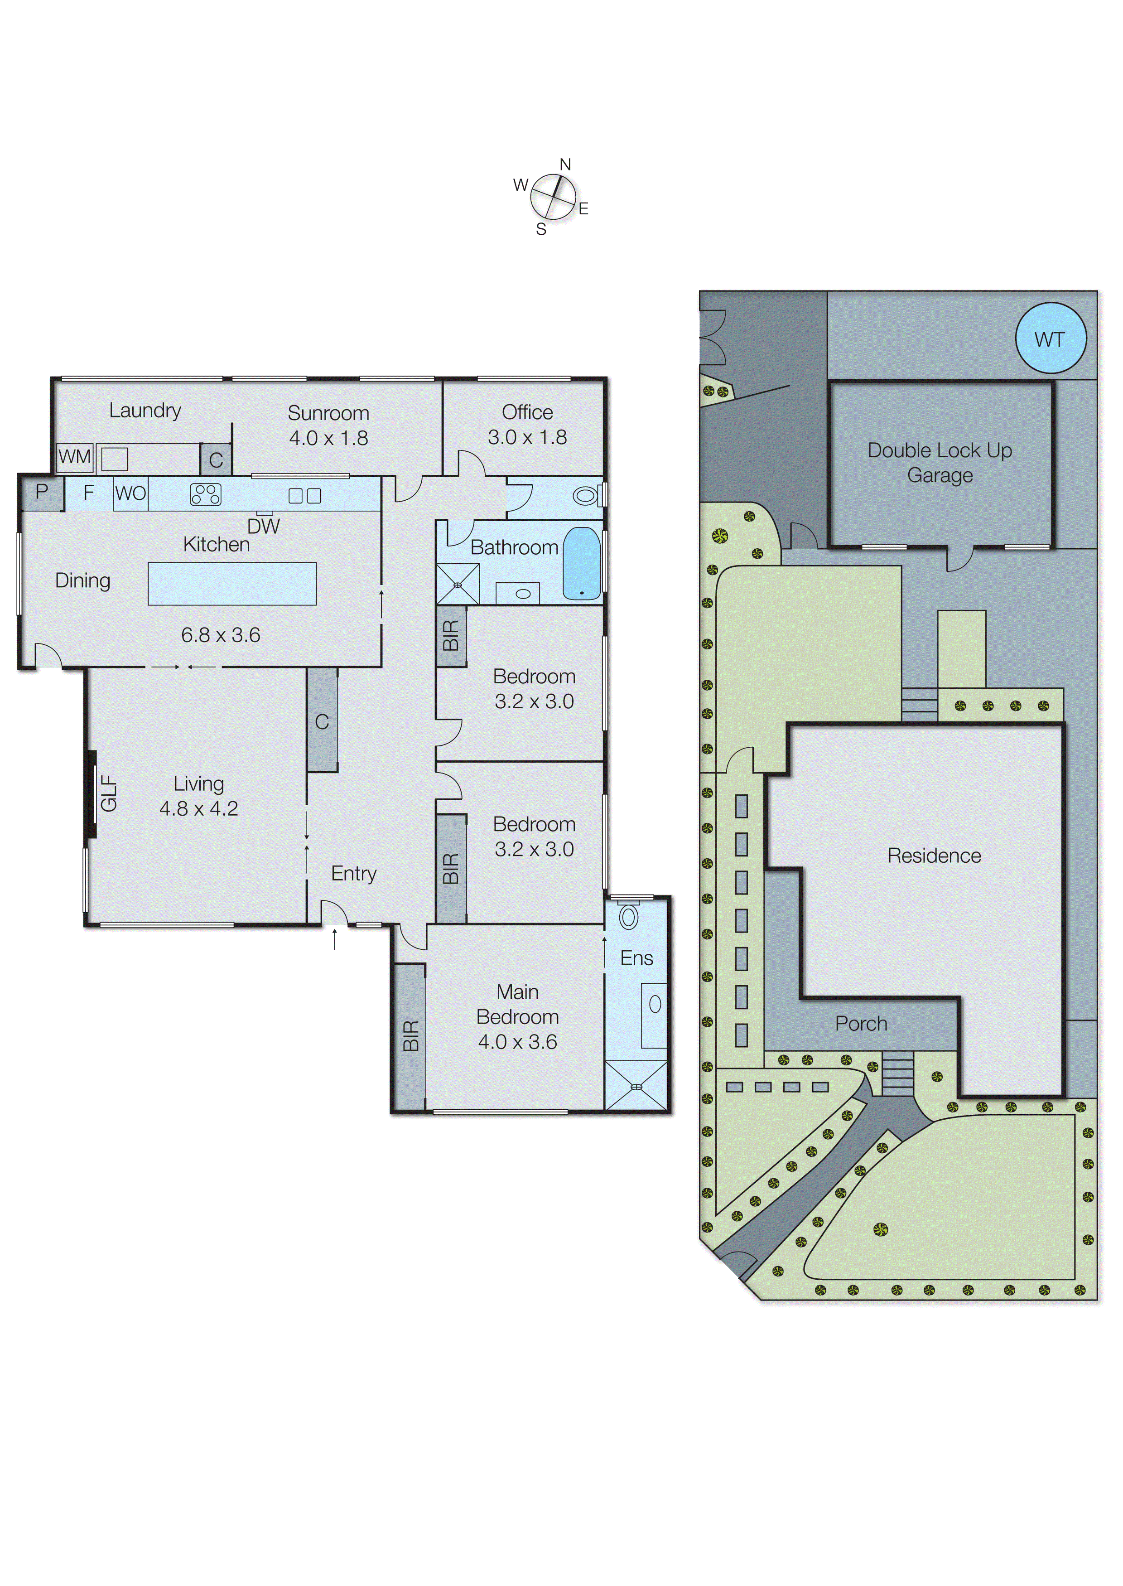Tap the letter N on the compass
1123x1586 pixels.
(565, 164)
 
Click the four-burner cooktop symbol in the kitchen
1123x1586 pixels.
(205, 494)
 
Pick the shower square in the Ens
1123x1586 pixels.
(636, 1086)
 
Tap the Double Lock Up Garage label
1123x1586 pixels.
(939, 462)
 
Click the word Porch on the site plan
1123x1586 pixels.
(860, 1024)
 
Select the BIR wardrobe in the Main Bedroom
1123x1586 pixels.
(410, 1035)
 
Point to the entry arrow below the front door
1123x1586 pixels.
(335, 938)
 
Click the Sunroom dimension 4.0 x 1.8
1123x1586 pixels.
(328, 438)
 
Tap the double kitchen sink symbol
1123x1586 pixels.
(304, 495)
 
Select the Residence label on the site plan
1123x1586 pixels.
(934, 856)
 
